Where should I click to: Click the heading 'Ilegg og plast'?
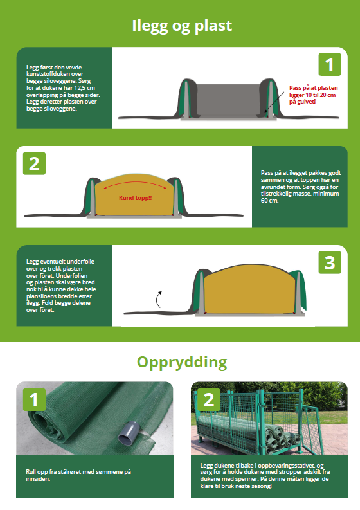point(181,26)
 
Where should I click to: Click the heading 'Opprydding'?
point(181,361)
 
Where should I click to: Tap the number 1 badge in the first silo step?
point(329,65)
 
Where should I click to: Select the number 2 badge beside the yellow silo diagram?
point(34,163)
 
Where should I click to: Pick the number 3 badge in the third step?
point(329,262)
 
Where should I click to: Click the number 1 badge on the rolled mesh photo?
point(34,399)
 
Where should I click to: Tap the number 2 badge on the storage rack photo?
point(208,399)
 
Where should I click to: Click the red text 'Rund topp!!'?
point(135,197)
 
